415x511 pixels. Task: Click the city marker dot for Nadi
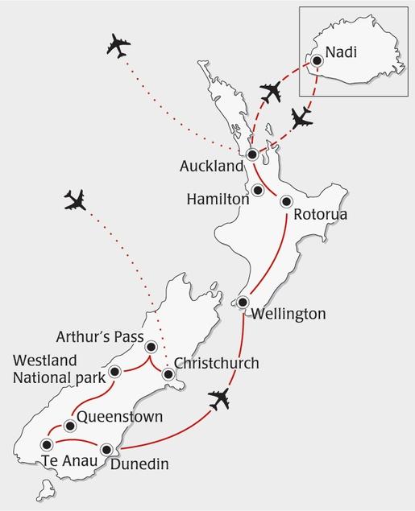(x=317, y=60)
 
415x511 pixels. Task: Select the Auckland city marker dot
(x=252, y=154)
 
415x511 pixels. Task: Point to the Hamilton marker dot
(x=258, y=191)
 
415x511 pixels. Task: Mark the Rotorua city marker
(x=286, y=203)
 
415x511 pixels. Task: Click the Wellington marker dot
(x=243, y=302)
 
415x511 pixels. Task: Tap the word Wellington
(x=288, y=313)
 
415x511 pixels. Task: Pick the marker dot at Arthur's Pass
(x=151, y=346)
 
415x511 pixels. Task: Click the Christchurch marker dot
(x=168, y=374)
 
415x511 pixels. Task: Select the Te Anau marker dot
(x=47, y=443)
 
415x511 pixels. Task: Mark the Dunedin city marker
(x=107, y=450)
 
